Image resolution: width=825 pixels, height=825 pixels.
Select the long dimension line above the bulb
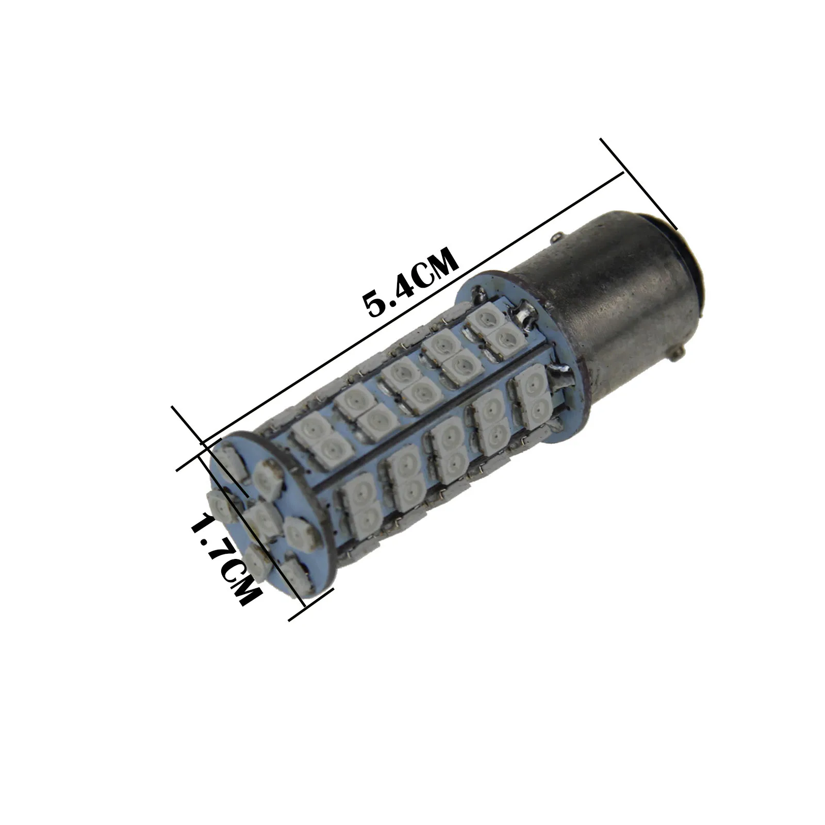412,307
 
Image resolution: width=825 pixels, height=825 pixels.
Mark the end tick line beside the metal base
638,183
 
